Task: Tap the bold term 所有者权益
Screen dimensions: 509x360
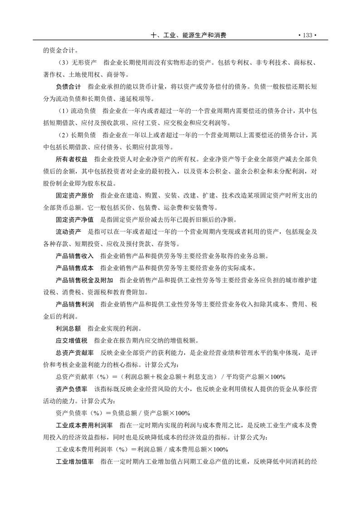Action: click(71, 160)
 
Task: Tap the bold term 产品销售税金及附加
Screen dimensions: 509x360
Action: click(84, 280)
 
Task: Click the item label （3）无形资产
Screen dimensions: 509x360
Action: click(77, 62)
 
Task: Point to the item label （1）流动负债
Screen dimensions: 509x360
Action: click(77, 110)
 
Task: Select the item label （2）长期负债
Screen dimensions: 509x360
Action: click(77, 135)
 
